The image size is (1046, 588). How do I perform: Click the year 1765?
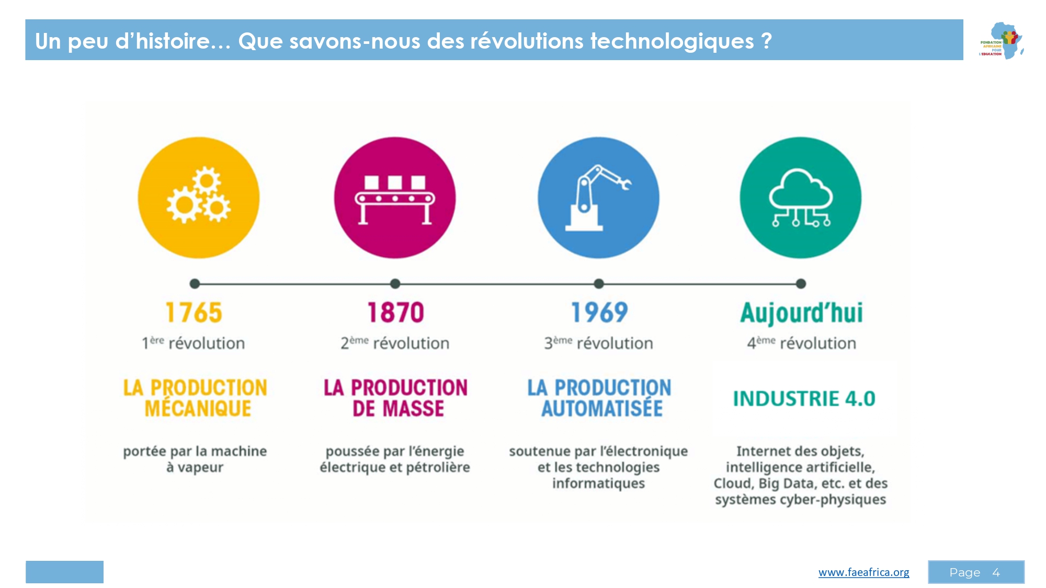[x=194, y=313]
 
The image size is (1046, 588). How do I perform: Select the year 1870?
[x=395, y=313]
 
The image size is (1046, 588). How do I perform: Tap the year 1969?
[x=599, y=313]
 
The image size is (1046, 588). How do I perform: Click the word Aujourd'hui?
[x=801, y=313]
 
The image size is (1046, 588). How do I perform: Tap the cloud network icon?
[x=800, y=198]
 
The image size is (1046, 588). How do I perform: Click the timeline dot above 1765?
[x=195, y=284]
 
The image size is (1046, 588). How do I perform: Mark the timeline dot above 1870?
[x=395, y=284]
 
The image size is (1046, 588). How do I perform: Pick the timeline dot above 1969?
[x=599, y=284]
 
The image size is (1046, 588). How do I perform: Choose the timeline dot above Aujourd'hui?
[x=801, y=284]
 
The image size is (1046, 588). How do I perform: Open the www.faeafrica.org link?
[x=863, y=572]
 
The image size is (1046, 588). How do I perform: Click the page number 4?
[x=996, y=572]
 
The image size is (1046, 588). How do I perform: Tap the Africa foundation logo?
[x=1002, y=40]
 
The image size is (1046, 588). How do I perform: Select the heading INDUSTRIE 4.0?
[x=804, y=399]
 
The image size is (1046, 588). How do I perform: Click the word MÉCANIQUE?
[x=198, y=409]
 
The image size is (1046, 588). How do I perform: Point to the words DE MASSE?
[x=398, y=409]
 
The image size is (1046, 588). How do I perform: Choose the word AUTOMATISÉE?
[x=602, y=409]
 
